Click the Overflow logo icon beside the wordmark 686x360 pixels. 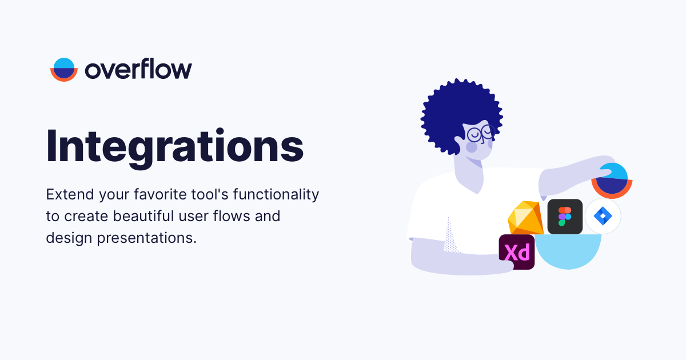tap(63, 70)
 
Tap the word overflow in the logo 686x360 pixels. tap(138, 70)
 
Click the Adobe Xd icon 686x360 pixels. tap(517, 252)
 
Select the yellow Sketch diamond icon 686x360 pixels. tap(526, 218)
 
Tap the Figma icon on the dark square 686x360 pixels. tap(565, 217)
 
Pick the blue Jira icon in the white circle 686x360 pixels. tap(603, 217)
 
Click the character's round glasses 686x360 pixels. tap(479, 134)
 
